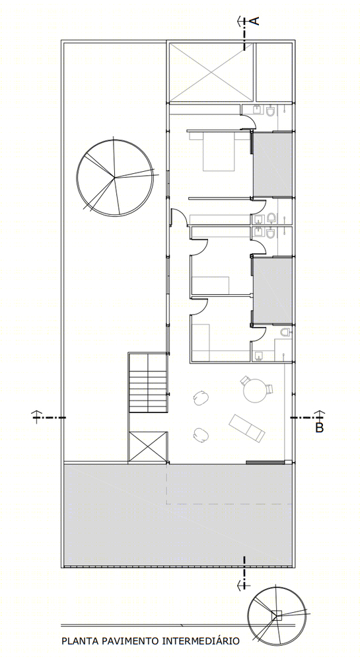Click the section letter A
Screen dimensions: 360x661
(256, 20)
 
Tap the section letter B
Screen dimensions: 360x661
(320, 428)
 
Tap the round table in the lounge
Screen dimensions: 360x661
(255, 391)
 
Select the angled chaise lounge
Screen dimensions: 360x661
(247, 428)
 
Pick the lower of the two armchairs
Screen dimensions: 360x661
(202, 435)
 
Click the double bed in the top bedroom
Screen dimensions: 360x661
(218, 151)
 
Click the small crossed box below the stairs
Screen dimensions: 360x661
(148, 446)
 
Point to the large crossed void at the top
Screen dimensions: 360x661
(211, 72)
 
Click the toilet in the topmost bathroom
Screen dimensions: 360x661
(271, 111)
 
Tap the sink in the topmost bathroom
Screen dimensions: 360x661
(257, 109)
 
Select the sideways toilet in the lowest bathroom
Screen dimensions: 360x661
(286, 332)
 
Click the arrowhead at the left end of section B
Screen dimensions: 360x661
(36, 413)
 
